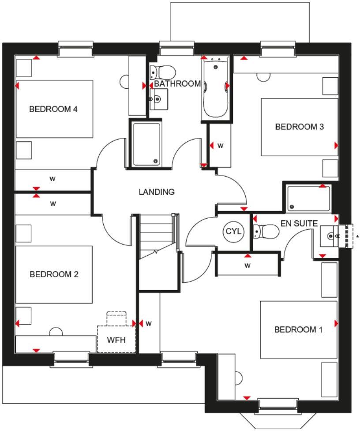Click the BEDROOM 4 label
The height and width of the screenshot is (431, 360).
click(x=53, y=109)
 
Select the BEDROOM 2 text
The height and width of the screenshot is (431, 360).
click(x=54, y=274)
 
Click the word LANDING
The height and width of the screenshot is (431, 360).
click(x=157, y=192)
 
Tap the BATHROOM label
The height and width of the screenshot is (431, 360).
click(x=177, y=83)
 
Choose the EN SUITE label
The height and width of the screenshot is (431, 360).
click(x=299, y=223)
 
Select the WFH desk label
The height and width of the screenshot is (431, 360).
click(x=116, y=340)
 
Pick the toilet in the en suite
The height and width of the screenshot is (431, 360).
click(x=266, y=231)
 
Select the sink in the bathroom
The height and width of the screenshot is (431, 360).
click(x=159, y=99)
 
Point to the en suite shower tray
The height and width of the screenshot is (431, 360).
click(x=307, y=198)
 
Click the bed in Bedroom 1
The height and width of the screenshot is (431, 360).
click(x=298, y=329)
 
